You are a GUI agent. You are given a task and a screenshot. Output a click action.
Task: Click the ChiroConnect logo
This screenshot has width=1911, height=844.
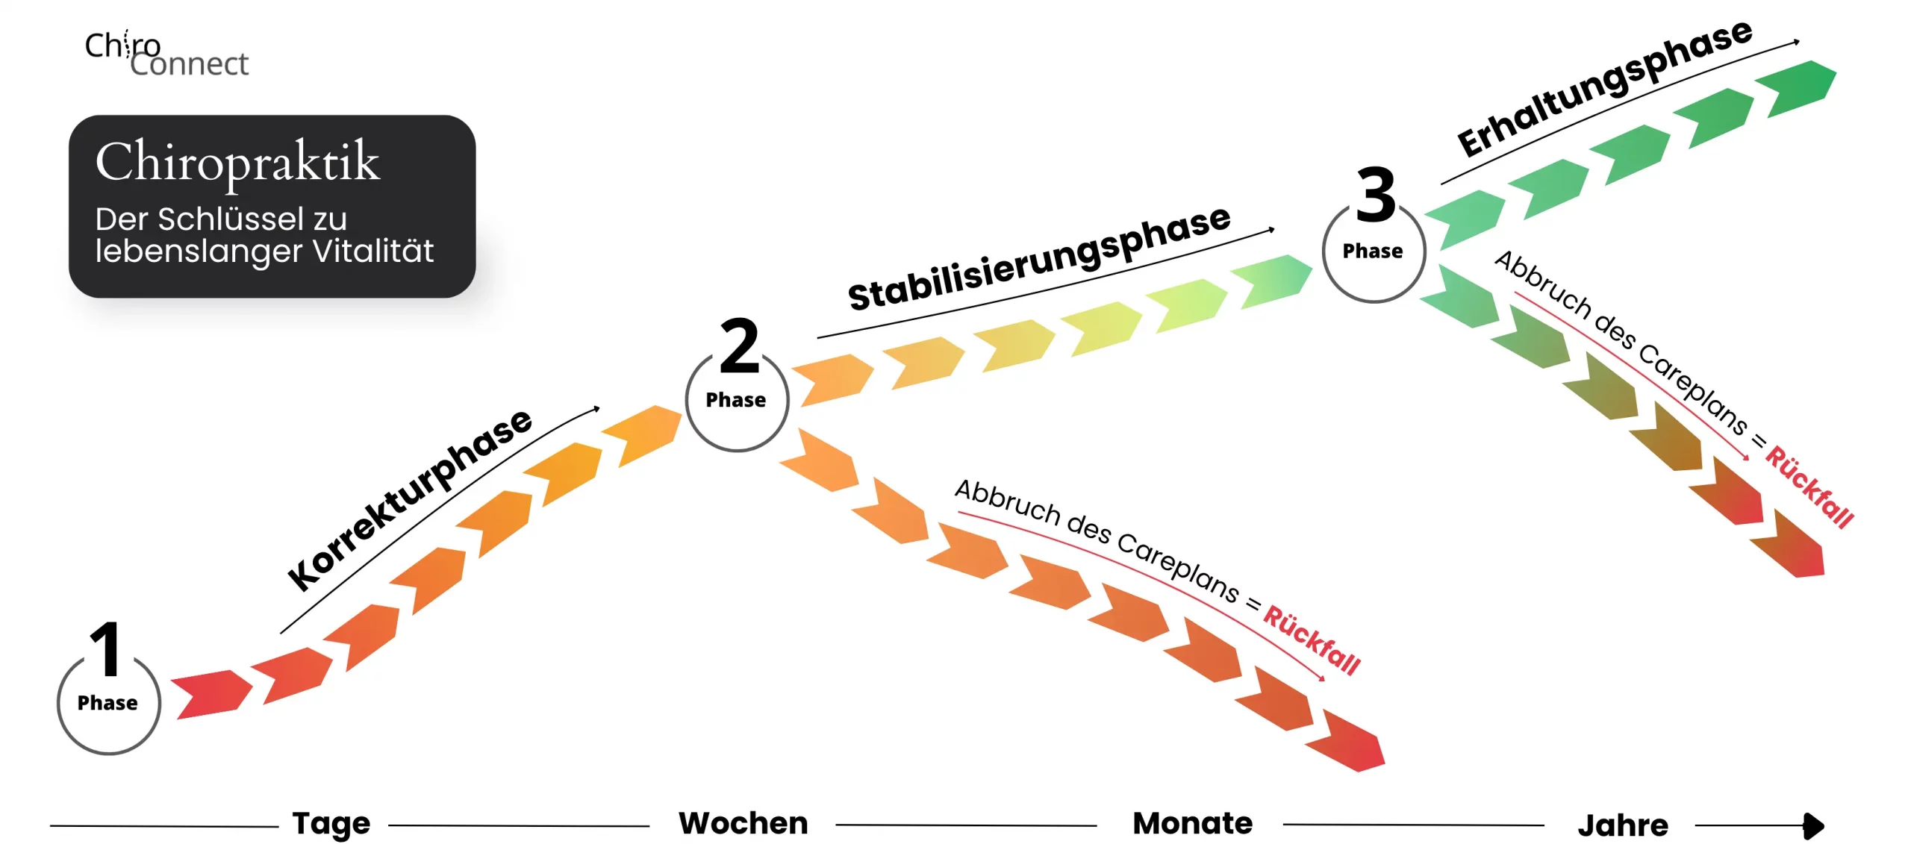coord(166,54)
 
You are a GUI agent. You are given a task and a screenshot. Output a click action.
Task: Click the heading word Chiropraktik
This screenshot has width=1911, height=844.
coord(237,161)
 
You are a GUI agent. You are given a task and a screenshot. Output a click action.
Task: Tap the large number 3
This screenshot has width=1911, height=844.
coord(1376,195)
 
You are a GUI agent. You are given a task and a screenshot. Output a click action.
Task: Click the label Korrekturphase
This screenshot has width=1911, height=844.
coord(410,499)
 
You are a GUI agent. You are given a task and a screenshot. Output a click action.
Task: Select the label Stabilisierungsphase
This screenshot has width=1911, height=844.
coord(1038,258)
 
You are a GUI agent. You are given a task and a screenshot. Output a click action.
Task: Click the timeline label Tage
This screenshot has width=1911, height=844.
coord(331,823)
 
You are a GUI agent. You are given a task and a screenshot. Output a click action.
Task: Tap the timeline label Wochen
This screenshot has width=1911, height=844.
coord(743,823)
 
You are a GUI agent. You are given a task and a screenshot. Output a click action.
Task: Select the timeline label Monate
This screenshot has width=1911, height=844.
coord(1192,823)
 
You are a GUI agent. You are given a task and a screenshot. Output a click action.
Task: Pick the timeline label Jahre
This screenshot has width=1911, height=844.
coord(1623,825)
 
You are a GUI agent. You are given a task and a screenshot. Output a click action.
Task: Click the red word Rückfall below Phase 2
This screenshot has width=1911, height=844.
coord(1312,640)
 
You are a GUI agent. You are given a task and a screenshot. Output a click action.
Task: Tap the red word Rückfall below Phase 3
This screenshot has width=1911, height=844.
coord(1809,487)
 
